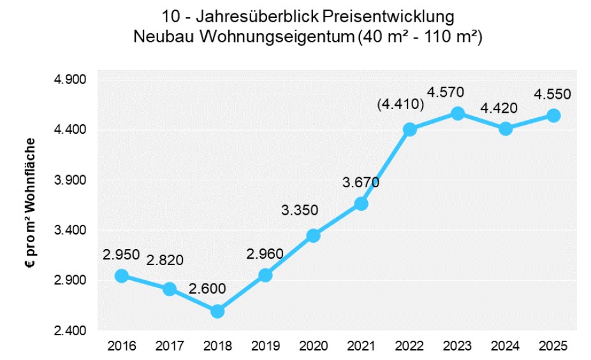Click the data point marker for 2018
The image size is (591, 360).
coord(217,311)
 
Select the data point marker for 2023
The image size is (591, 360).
coord(457,113)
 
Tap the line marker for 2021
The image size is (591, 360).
coord(361,204)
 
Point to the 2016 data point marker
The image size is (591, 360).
coord(122,276)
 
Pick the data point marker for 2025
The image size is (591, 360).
coord(553,115)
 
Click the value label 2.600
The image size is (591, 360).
coord(208,289)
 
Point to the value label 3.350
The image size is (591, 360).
coord(300,211)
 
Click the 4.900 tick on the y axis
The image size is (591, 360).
coord(72,80)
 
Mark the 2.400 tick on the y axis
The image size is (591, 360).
coord(72,331)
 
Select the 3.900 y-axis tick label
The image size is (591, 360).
coord(72,180)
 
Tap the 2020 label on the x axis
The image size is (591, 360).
coord(313,347)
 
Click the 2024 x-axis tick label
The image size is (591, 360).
coord(505,347)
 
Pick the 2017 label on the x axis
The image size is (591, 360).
coord(169,347)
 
